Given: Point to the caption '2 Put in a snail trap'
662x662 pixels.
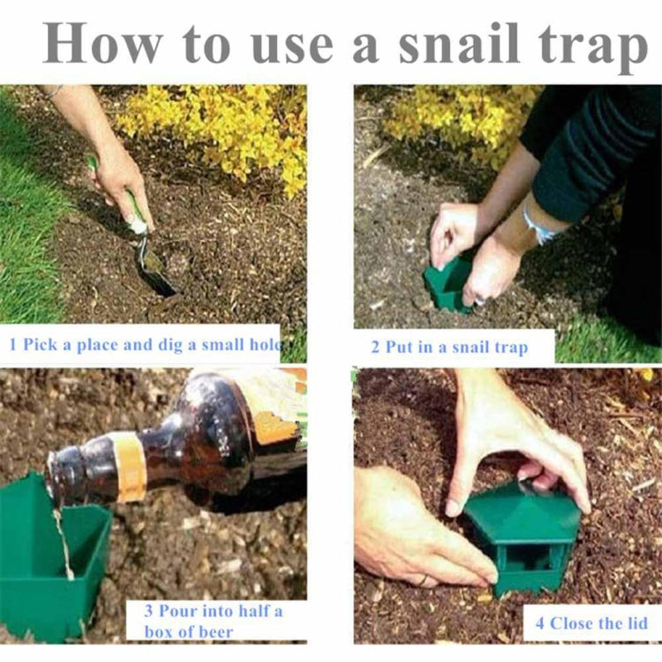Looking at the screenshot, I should coord(456,347).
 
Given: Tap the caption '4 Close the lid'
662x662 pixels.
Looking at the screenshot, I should coord(591,623).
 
